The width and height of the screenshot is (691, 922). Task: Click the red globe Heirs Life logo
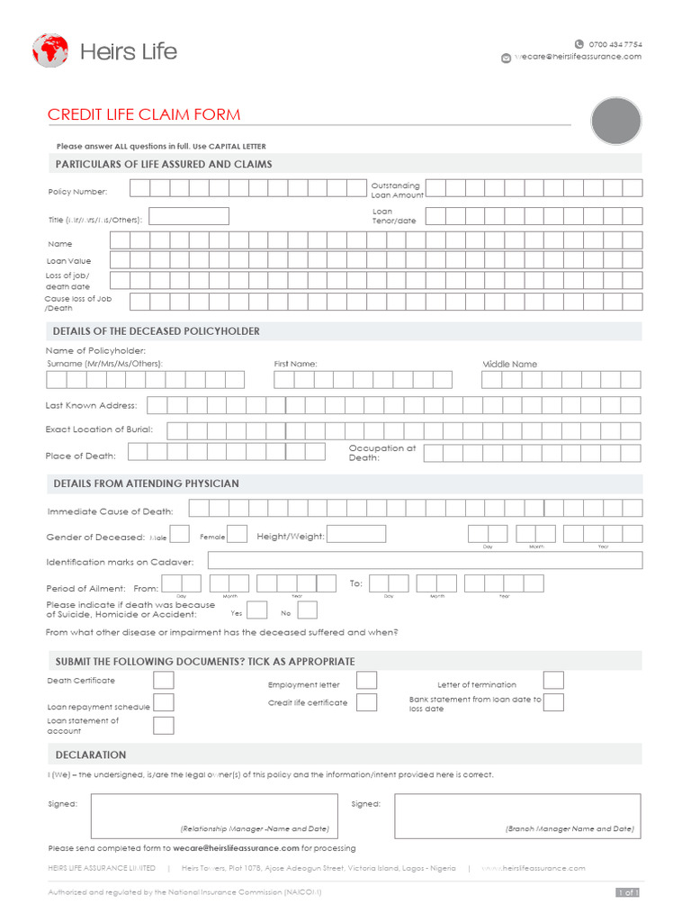(50, 50)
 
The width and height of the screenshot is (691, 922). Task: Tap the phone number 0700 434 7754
(615, 43)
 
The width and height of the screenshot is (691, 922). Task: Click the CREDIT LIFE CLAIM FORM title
(144, 114)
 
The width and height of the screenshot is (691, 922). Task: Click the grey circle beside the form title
(616, 121)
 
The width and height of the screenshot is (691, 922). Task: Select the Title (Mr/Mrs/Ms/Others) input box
(189, 216)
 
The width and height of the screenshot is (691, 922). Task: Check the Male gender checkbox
(180, 534)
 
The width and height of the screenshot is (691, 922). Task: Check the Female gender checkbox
(238, 534)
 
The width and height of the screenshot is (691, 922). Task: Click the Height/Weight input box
(357, 534)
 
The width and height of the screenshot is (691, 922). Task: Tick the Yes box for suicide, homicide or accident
(257, 610)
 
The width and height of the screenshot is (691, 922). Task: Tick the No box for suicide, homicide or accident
(308, 610)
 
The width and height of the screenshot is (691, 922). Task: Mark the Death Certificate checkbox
(164, 680)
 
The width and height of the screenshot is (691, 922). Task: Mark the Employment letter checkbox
(366, 681)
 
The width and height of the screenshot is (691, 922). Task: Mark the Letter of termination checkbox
(553, 681)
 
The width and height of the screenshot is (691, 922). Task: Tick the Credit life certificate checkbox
(366, 702)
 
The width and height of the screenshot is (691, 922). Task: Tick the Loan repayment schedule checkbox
(164, 703)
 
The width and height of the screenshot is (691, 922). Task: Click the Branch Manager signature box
(517, 815)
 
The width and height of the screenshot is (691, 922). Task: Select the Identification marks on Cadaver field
(425, 560)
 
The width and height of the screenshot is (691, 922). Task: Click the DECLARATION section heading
(91, 755)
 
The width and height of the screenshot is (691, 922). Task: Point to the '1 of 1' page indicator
(627, 892)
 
